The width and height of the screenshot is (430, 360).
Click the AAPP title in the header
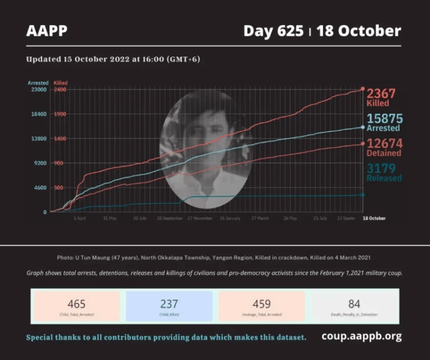[46, 31]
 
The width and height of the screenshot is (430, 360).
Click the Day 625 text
[273, 31]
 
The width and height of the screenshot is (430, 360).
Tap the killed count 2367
[381, 93]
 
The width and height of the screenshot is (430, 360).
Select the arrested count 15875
[385, 119]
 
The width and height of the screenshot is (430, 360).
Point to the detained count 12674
[384, 144]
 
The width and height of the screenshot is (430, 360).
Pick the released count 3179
[383, 169]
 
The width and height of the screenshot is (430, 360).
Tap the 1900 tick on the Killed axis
[60, 114]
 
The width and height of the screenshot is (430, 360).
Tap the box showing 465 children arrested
[76, 306]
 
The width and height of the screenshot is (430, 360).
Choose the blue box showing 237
[169, 306]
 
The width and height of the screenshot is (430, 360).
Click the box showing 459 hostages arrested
[261, 306]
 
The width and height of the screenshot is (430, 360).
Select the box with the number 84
[354, 306]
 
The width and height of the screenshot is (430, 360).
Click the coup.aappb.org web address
[361, 336]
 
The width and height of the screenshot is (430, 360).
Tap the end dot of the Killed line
[363, 89]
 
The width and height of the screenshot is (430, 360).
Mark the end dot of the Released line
[363, 195]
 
